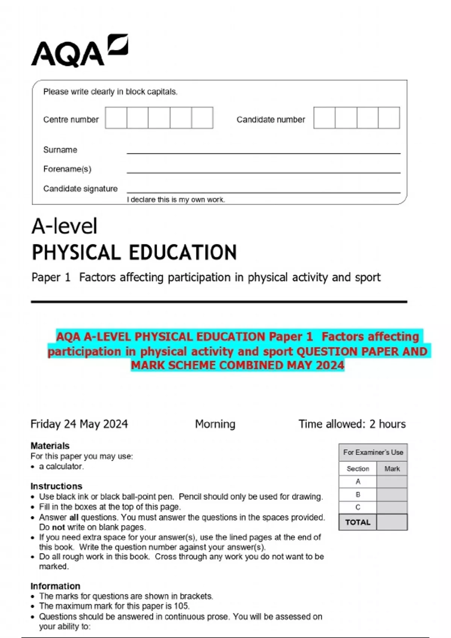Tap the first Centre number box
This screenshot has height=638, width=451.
pyautogui.click(x=116, y=118)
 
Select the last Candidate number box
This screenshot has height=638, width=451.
pyautogui.click(x=389, y=118)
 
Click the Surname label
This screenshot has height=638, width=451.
pyautogui.click(x=60, y=150)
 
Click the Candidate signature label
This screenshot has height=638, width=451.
pyautogui.click(x=80, y=188)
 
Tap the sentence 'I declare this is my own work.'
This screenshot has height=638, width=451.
pyautogui.click(x=176, y=200)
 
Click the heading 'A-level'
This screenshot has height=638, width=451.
pyautogui.click(x=64, y=226)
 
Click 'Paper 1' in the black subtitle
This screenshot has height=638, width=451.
pyautogui.click(x=51, y=277)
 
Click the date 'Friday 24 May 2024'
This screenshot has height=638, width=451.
pyautogui.click(x=79, y=424)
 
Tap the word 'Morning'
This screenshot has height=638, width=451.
pyautogui.click(x=215, y=424)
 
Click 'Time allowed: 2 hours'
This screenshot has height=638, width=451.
pyautogui.click(x=352, y=424)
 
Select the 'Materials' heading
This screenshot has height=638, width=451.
pyautogui.click(x=50, y=446)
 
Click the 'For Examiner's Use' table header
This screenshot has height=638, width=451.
pyautogui.click(x=373, y=452)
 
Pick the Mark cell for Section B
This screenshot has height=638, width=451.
pyautogui.click(x=392, y=495)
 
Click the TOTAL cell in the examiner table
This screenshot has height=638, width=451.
pyautogui.click(x=357, y=522)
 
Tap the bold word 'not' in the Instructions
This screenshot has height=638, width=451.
pyautogui.click(x=58, y=527)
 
